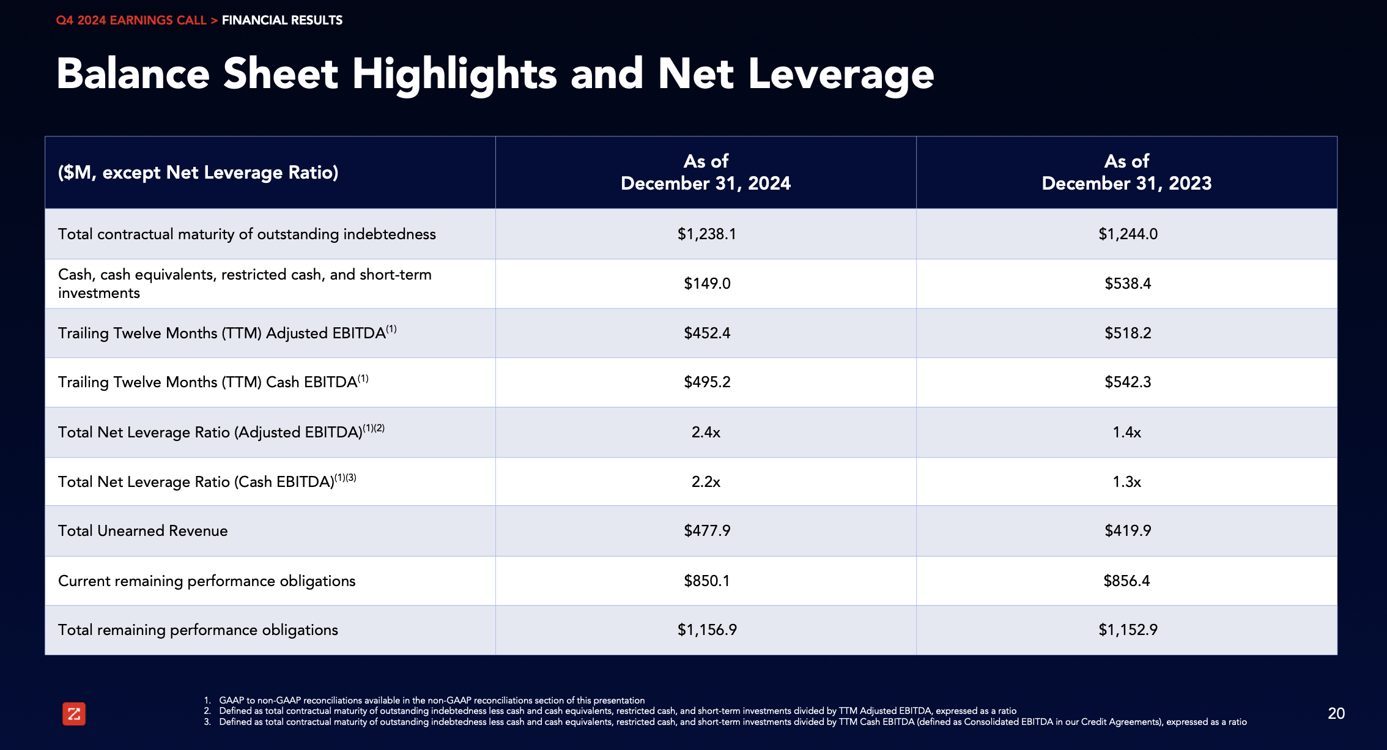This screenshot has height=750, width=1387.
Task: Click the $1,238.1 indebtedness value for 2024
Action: (706, 234)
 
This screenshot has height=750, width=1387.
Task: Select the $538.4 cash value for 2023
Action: (1127, 284)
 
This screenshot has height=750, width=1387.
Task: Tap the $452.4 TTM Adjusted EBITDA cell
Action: (706, 333)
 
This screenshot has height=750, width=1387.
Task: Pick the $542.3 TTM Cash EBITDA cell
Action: (1127, 382)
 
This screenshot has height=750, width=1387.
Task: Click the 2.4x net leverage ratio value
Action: (706, 433)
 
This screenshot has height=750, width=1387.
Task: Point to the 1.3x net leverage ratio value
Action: (1126, 482)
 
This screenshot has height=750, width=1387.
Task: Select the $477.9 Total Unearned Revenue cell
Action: (706, 531)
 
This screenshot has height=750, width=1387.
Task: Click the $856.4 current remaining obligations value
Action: (1126, 581)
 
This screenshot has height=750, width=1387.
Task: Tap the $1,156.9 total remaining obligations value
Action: (706, 630)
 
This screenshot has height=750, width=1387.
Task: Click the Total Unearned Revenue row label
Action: (142, 531)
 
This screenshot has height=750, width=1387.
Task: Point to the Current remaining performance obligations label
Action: (207, 581)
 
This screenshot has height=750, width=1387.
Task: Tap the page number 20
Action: (1336, 713)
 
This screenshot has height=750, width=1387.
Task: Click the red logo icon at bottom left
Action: (74, 714)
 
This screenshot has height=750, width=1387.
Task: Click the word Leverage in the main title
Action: (841, 75)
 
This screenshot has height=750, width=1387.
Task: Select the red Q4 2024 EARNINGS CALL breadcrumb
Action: (131, 20)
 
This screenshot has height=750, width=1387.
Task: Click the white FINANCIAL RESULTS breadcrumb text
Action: (282, 20)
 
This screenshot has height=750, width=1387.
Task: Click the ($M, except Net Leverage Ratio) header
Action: (198, 173)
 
